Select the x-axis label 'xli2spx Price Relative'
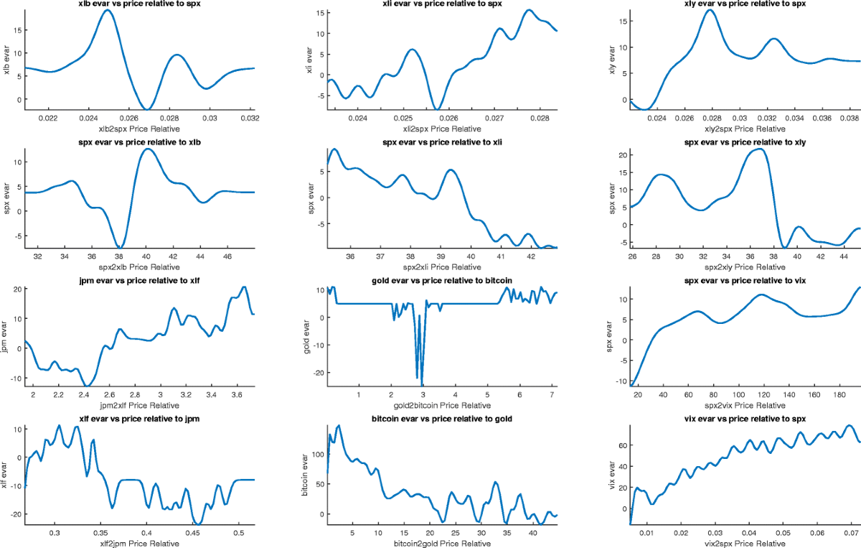[442, 129]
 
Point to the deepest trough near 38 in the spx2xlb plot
[120, 248]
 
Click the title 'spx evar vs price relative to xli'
[442, 142]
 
